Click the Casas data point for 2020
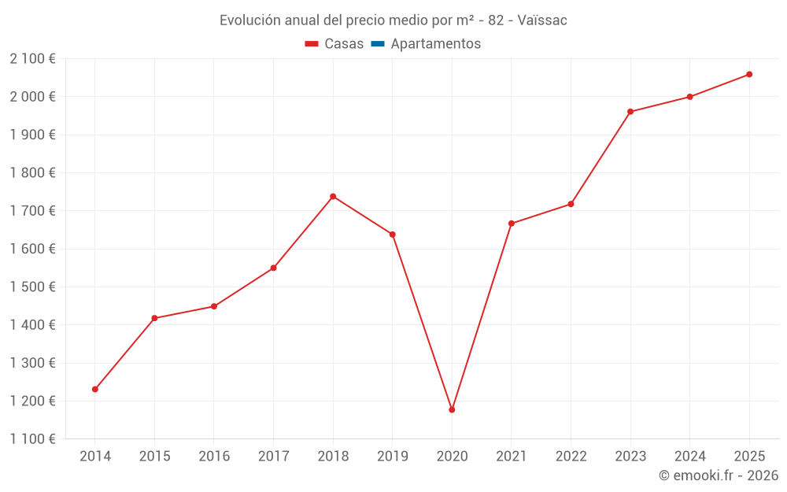pos(452,409)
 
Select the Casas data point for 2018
pos(333,196)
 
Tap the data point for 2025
pos(749,74)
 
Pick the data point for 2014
pos(95,389)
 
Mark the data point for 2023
pos(630,112)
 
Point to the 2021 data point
pos(512,224)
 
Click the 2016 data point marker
pos(214,306)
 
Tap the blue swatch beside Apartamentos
pos(377,44)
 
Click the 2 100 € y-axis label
pos(32,58)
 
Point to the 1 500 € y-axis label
pos(32,287)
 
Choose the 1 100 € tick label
pos(32,439)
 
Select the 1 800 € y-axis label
pos(32,172)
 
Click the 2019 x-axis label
pos(392,457)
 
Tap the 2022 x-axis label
pos(571,457)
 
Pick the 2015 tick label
pos(154,457)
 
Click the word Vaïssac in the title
pos(542,20)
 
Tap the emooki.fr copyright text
pos(719,475)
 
